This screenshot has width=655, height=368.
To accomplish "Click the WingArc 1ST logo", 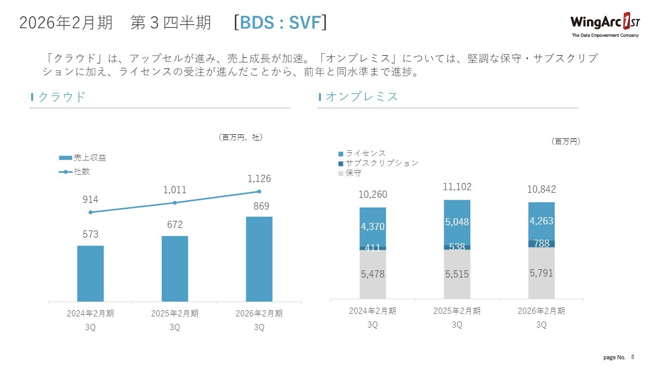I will pos(604,25).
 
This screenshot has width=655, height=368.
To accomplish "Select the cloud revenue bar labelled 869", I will pos(259,259).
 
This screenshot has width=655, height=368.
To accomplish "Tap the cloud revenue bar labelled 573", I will pos(91,273).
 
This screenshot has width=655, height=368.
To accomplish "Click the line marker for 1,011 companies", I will pos(174,203).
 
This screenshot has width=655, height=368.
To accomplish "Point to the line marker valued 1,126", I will pos(259,192).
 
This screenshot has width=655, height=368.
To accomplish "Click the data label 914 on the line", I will pos(90,200).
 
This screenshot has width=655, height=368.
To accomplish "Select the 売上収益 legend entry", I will pos(83,158).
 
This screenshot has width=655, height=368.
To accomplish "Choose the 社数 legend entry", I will pos(75,172).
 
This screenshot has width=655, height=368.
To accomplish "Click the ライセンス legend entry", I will pos(362,153).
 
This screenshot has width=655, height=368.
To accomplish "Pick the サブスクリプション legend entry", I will pos(378,163).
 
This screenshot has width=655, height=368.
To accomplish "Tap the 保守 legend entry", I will pos(350,173).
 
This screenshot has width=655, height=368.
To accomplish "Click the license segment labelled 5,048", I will pos(457,222).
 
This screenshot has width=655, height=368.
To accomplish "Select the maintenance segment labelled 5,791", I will pos(541,273).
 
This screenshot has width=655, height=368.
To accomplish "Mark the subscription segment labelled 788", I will pos(541,244).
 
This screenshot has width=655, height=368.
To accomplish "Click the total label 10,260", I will pos(373,195).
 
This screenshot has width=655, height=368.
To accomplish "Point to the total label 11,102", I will pos(457,188).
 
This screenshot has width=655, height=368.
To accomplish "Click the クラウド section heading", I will pos(61,97).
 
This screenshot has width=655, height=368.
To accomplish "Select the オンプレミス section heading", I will pos(361,97).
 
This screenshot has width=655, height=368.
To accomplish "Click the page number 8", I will pos(632,357).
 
